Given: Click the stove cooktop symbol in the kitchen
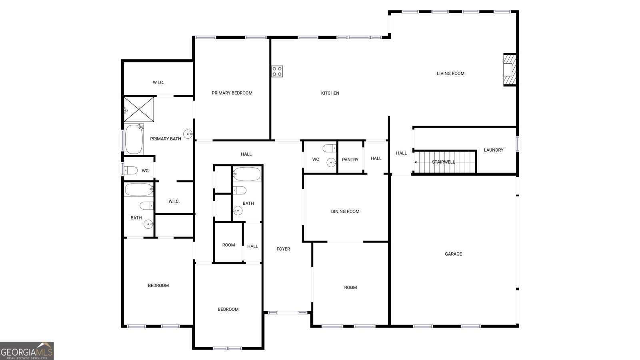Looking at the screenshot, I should point(277,71).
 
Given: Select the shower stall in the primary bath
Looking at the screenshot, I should point(139,109).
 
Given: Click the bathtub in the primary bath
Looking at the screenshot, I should point(134,140).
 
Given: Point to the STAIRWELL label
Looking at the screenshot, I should point(443,162).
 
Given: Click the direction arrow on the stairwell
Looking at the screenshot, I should point(416,162).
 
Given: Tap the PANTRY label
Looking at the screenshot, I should point(350,160).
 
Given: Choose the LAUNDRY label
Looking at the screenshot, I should point(493,150).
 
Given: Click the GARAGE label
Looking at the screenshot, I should point(453,254).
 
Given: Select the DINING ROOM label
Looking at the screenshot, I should point(345,212).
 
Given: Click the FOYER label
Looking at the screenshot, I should point(283,249).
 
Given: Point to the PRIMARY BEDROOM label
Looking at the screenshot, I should point(232,93).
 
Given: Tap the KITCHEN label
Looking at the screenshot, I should point(330,93).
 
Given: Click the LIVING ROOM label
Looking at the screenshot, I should point(450,74).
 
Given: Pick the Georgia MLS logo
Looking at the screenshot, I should point(27,351).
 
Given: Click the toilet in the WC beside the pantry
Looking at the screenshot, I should point(330,148).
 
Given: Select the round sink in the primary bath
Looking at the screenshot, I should point(188,134).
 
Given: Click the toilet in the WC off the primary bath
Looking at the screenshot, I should point(131,170).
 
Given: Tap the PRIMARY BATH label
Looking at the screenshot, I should point(166,139).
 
